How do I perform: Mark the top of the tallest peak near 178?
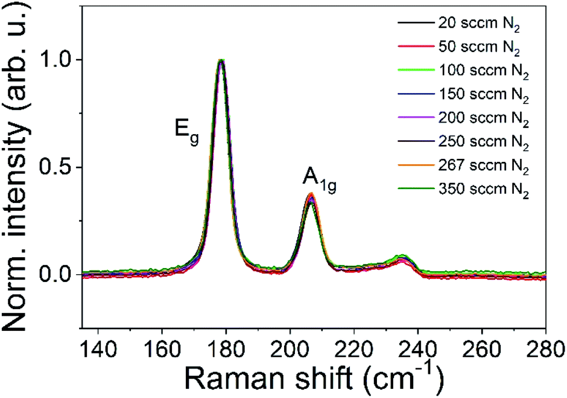point(221,60)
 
